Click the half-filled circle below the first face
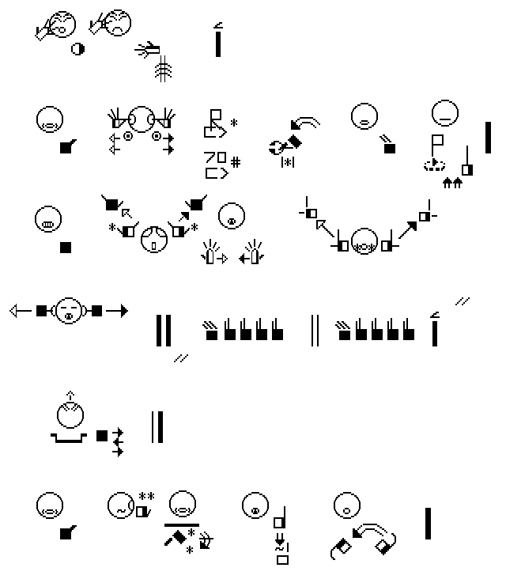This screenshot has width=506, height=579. click(x=77, y=49)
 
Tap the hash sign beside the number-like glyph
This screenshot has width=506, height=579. click(x=236, y=161)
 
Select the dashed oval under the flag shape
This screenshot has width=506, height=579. click(x=434, y=165)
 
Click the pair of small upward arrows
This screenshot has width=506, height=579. click(x=452, y=183)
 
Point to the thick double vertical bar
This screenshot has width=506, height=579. click(x=164, y=331)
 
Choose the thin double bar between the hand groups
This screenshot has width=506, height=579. click(x=315, y=331)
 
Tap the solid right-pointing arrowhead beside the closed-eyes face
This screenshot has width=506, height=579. click(x=124, y=311)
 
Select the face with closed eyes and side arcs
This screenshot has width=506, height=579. click(x=69, y=311)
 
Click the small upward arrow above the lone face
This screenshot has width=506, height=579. click(x=70, y=395)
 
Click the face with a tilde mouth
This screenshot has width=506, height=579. click(x=121, y=505)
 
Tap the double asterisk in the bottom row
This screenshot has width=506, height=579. click(x=146, y=496)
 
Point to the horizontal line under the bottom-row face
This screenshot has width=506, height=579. click(x=182, y=524)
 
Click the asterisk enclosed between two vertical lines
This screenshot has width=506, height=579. click(x=288, y=161)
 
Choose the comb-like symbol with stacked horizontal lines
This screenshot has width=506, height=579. click(x=163, y=69)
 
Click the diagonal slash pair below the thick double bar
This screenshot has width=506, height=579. click(x=181, y=358)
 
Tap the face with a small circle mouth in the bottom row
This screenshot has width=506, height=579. click(x=347, y=505)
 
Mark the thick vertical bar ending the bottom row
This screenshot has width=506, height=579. click(x=429, y=524)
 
